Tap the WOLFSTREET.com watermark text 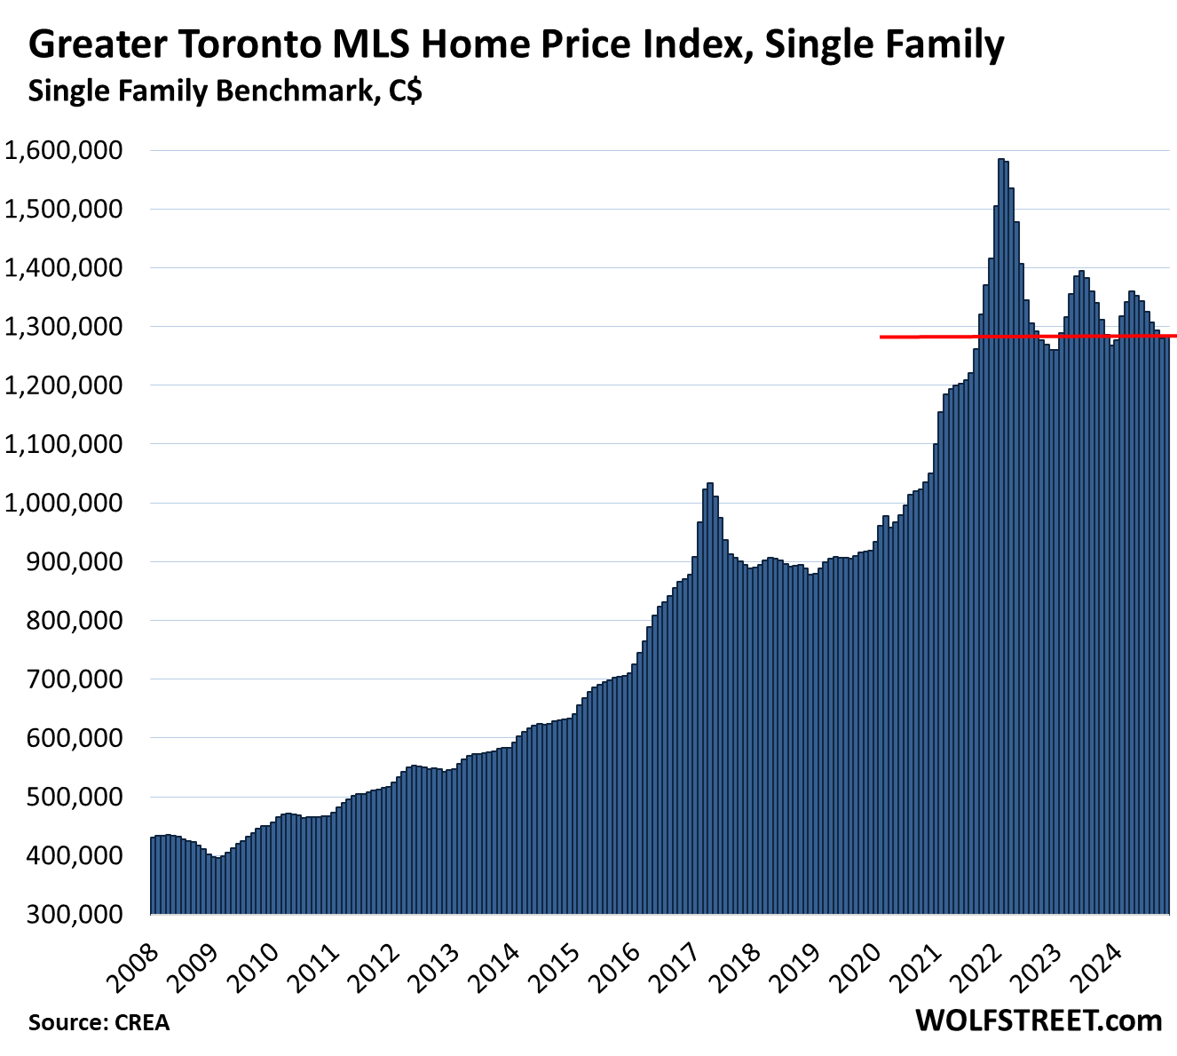click(1039, 1020)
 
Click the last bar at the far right click(1166, 622)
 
